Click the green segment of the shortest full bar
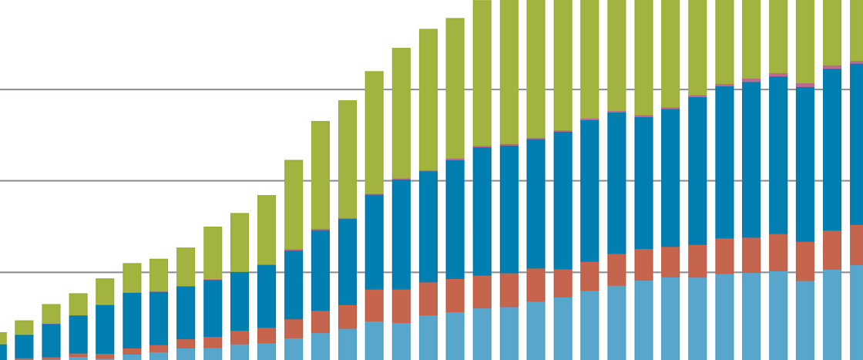coord(24,327)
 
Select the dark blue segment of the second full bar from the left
coord(51,340)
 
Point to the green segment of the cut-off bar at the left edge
coord(2,338)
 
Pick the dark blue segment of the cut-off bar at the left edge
coord(2,352)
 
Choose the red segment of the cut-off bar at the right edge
coord(856,244)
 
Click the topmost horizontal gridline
coord(231,89)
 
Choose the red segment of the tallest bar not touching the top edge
coord(455,295)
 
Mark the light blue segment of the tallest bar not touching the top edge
coord(455,335)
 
